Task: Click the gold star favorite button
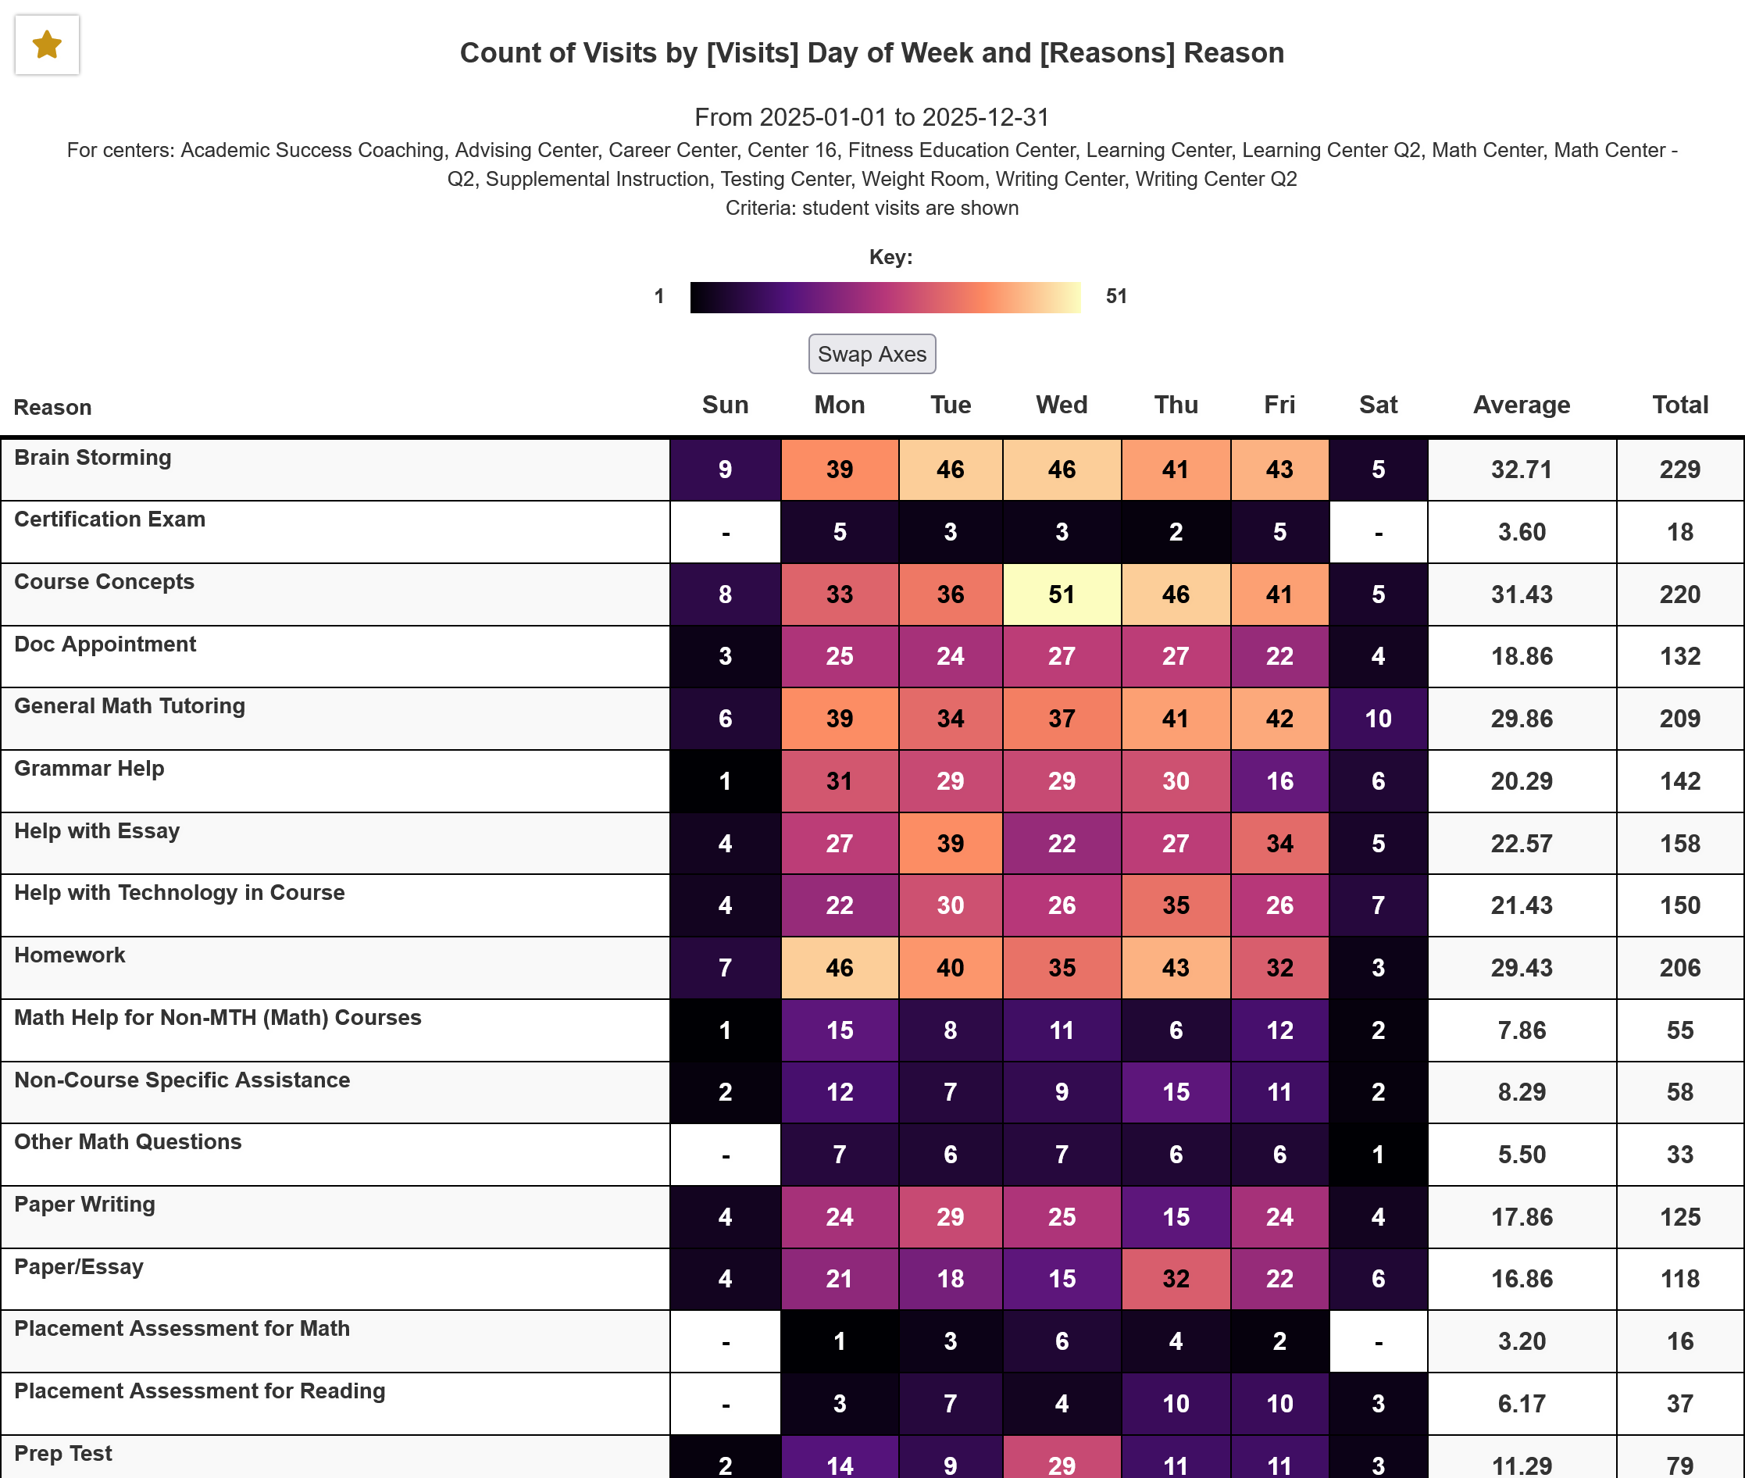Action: (47, 45)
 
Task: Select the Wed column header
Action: (1062, 405)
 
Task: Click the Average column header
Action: (1522, 405)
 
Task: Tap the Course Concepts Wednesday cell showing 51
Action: (1062, 594)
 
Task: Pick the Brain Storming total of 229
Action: (1679, 469)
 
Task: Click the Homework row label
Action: (70, 955)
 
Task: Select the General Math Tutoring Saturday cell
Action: (1378, 718)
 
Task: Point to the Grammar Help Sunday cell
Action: (726, 781)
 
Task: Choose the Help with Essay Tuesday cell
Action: (950, 843)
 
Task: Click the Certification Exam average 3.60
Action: (1522, 532)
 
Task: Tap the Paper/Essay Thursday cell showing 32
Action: (1176, 1279)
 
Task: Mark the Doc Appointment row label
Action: (105, 644)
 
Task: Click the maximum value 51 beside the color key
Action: (1116, 297)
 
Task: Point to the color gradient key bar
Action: (885, 298)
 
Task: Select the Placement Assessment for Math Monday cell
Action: (840, 1341)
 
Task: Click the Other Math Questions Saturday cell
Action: (1378, 1155)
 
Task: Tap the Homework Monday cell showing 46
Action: (840, 968)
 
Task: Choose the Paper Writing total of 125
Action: (1679, 1216)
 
